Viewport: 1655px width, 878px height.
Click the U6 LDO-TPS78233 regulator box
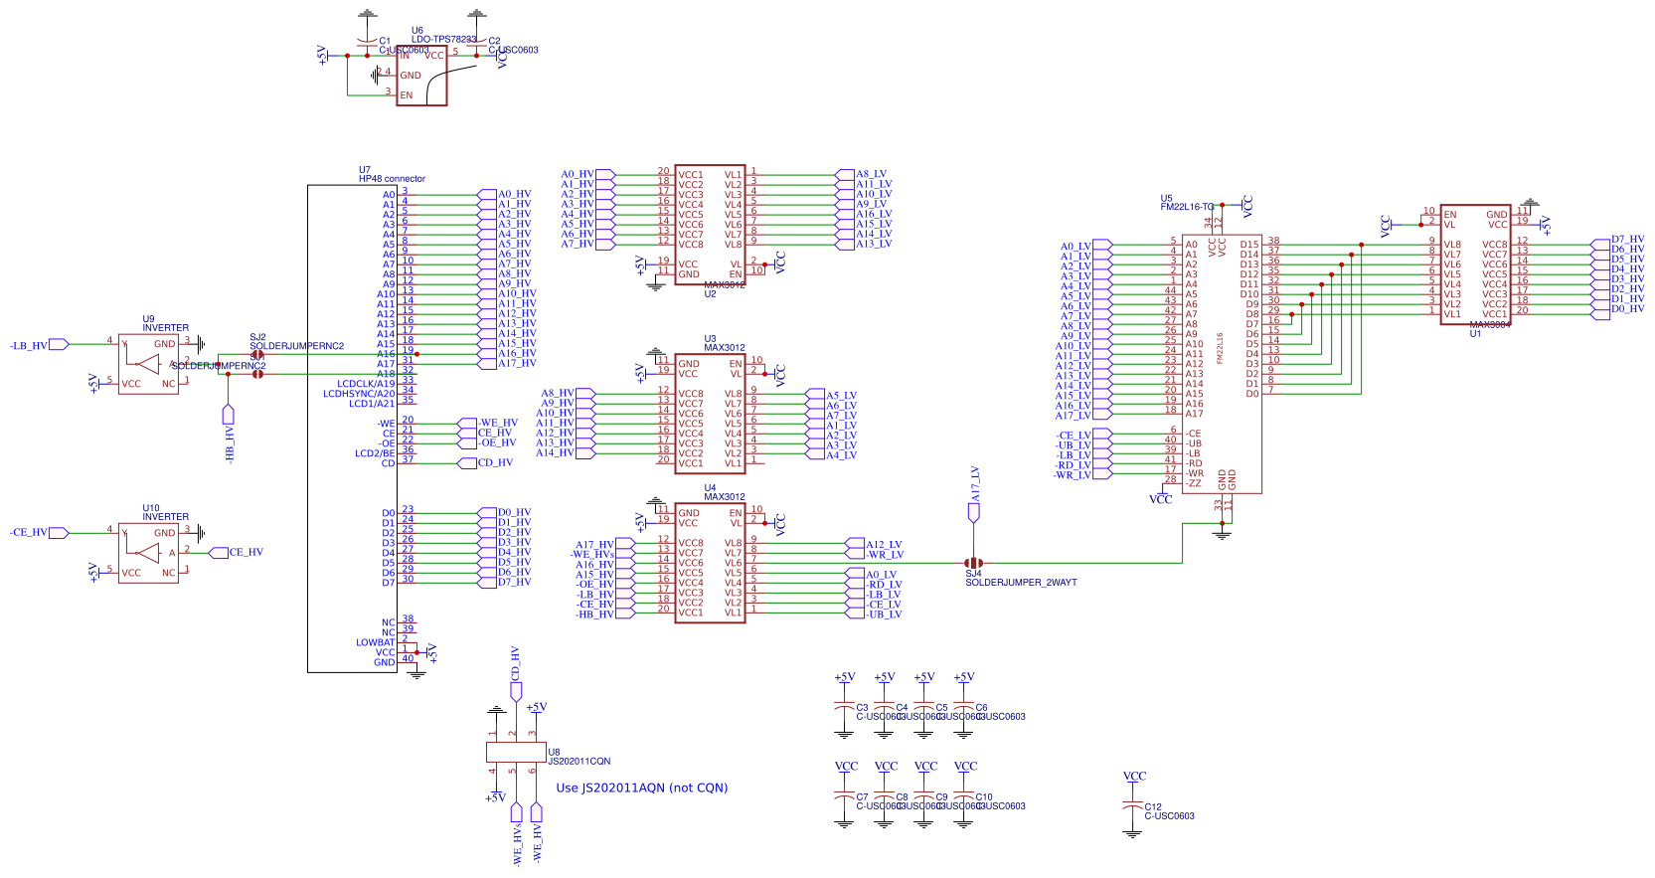(421, 77)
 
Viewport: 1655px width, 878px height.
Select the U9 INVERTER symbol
(148, 364)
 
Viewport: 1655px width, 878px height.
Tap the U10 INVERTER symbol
(148, 553)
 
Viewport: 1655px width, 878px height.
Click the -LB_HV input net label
(30, 346)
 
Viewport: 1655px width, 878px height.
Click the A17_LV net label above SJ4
(975, 484)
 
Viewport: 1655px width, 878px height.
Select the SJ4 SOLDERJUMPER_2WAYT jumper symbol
(974, 563)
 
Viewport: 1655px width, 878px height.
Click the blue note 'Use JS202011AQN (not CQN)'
(641, 788)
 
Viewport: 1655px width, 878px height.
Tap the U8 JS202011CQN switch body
(516, 752)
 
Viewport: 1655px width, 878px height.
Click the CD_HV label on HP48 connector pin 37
(495, 462)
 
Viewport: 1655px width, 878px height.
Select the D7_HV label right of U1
(1627, 240)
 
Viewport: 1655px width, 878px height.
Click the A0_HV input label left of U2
(578, 174)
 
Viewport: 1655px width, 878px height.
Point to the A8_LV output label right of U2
(871, 174)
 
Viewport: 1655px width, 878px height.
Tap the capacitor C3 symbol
(844, 708)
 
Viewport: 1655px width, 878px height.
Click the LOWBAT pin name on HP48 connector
(375, 642)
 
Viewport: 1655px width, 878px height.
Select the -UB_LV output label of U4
(883, 615)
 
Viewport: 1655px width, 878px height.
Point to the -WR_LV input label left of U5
(1073, 475)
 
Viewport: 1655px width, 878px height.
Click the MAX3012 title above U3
(724, 348)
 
